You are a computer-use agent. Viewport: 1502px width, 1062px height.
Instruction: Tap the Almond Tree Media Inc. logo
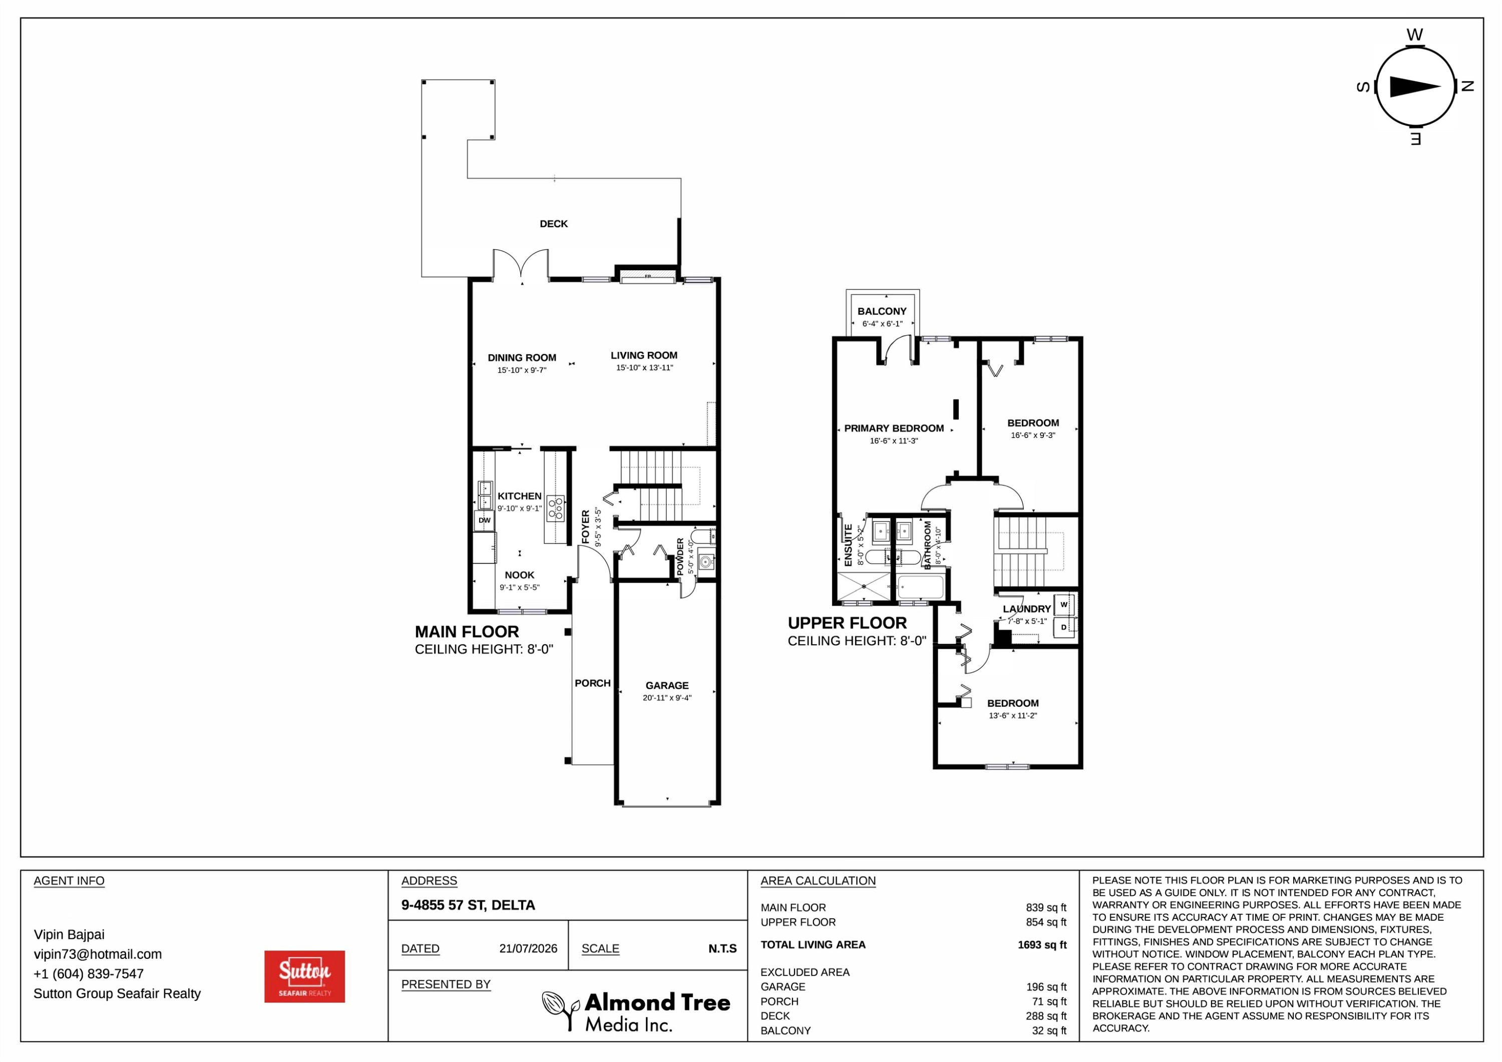(636, 1011)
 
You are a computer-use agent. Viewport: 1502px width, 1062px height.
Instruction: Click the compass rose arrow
(1414, 86)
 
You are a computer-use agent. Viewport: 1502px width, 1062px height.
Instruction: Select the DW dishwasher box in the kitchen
(484, 520)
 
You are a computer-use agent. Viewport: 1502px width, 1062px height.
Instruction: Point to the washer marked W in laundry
(1064, 605)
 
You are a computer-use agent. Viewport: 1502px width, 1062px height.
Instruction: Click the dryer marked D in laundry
(1064, 628)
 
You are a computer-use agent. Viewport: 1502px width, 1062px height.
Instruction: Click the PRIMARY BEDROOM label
(894, 428)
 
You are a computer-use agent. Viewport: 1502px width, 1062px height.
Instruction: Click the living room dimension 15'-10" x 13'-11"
(644, 367)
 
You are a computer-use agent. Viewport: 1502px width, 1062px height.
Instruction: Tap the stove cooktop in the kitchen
(555, 509)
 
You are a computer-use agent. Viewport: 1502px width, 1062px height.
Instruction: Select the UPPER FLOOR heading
(847, 623)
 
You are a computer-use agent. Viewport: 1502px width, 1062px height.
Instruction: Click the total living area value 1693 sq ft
(1041, 945)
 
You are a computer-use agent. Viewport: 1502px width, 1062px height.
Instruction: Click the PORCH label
(593, 683)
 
